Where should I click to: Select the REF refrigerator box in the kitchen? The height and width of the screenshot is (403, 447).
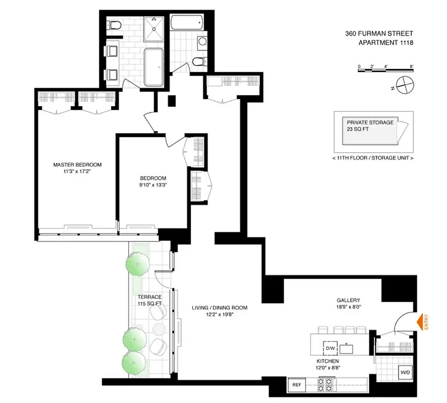[297, 385]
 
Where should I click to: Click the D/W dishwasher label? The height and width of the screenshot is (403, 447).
[331, 348]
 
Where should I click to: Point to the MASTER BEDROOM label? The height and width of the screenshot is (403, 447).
[78, 165]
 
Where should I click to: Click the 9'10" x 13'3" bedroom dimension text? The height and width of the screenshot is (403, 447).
[153, 185]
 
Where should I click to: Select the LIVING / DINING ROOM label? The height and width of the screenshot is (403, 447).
[219, 308]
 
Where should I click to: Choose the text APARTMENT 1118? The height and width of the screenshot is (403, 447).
[386, 43]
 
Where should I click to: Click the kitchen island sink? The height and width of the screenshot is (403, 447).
[347, 348]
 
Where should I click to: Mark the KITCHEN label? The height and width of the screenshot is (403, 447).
[328, 362]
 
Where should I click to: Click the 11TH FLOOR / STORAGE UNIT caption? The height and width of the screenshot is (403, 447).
[373, 158]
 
